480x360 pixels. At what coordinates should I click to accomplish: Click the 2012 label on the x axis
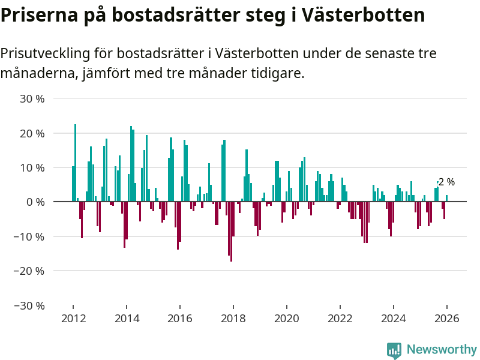tap(73, 319)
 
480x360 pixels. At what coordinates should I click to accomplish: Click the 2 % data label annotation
tap(446, 182)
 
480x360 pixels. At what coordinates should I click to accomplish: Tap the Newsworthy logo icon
tap(394, 350)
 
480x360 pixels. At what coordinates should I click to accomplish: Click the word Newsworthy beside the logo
tap(442, 350)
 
